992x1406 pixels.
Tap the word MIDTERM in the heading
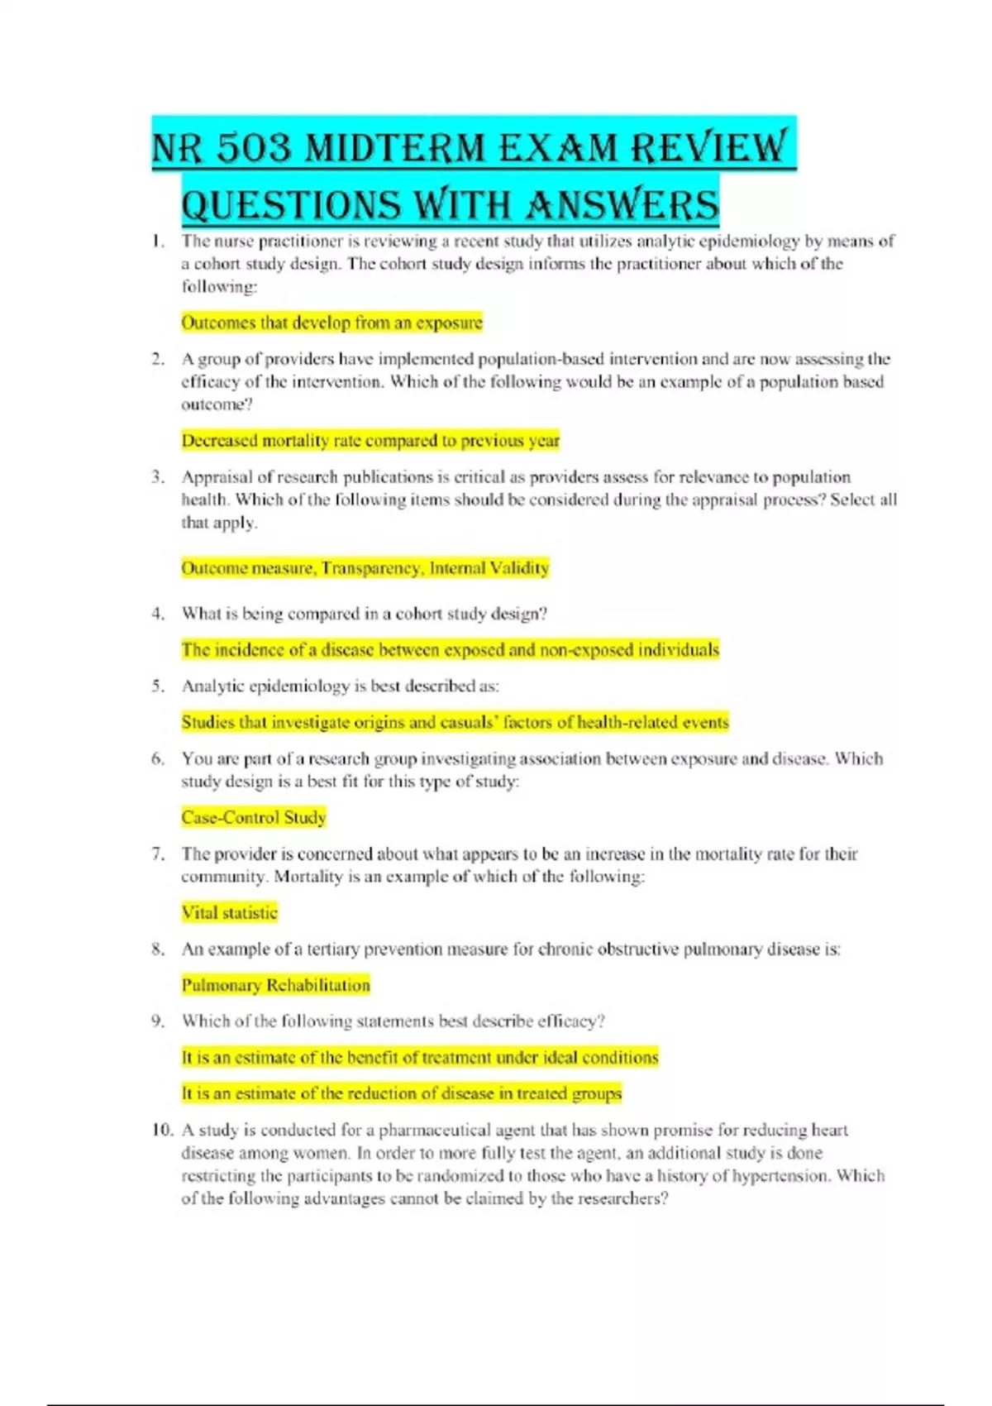pyautogui.click(x=395, y=149)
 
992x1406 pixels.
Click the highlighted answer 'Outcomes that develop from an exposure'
pyautogui.click(x=331, y=323)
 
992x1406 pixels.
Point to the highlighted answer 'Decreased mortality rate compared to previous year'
pyautogui.click(x=370, y=441)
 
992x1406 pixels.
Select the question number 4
pyautogui.click(x=158, y=614)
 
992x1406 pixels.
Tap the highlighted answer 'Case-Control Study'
pyautogui.click(x=254, y=818)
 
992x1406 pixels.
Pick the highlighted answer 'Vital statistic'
pyautogui.click(x=229, y=913)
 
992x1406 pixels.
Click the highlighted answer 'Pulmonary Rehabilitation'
pyautogui.click(x=276, y=985)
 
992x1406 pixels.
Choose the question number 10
pyautogui.click(x=162, y=1130)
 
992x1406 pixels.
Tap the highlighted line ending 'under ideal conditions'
pyautogui.click(x=420, y=1058)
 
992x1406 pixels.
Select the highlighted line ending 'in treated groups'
pyautogui.click(x=402, y=1093)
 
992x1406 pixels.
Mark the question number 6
pyautogui.click(x=158, y=758)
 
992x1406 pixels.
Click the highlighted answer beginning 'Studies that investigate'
pyautogui.click(x=455, y=722)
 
